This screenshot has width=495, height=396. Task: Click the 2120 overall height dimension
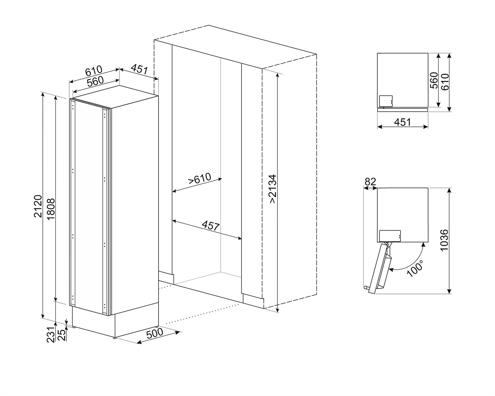38,206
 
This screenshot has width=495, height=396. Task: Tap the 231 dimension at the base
51,335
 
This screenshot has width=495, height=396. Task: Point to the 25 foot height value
62,335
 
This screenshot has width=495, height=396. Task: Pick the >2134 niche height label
272,189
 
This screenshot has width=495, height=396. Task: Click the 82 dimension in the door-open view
370,182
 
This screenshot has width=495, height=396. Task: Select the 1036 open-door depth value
444,240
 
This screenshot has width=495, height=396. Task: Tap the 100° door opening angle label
415,268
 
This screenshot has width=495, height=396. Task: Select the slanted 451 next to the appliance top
139,70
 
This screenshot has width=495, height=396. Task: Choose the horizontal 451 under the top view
403,122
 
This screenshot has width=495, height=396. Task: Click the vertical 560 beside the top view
434,80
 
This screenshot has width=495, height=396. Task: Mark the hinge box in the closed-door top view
386,101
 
